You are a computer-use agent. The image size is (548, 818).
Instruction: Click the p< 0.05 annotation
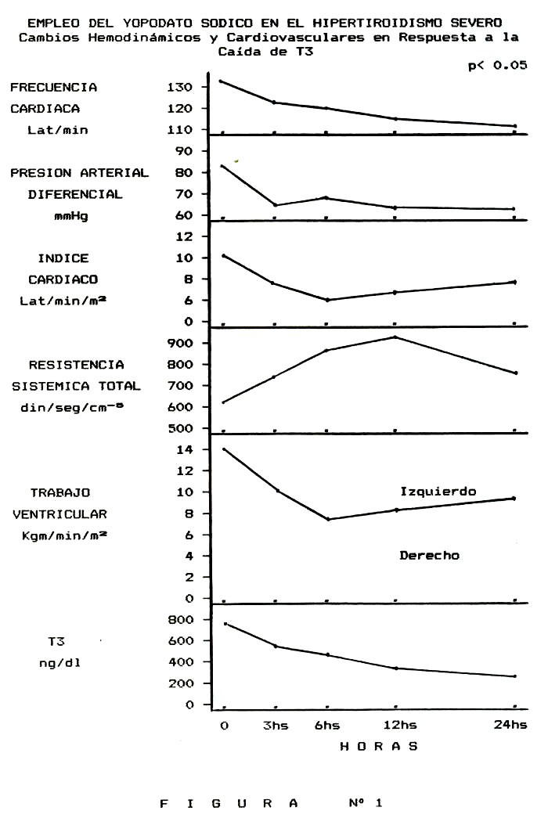[x=497, y=65]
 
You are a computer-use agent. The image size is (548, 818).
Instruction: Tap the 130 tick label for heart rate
[x=180, y=87]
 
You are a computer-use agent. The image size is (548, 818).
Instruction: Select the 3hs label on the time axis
[x=276, y=725]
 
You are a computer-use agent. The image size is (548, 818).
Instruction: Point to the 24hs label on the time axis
[x=510, y=725]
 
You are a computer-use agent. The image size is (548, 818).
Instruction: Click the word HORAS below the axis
[x=379, y=747]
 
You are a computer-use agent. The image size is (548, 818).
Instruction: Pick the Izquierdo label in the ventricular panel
[x=438, y=492]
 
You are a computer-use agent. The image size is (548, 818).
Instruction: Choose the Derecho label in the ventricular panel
[x=430, y=556]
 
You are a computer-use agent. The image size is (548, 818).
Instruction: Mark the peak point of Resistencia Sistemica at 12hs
[x=395, y=337]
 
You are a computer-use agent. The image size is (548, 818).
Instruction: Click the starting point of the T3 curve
[x=225, y=623]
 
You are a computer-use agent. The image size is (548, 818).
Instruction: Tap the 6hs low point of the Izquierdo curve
[x=328, y=519]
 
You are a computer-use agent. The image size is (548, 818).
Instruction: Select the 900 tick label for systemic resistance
[x=180, y=344]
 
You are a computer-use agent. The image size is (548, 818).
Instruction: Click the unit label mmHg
[x=71, y=216]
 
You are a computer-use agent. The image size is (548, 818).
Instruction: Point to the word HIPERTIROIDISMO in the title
[x=377, y=23]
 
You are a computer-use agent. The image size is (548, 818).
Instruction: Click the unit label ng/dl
[x=59, y=664]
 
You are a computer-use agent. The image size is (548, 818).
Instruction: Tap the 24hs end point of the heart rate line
[x=515, y=126]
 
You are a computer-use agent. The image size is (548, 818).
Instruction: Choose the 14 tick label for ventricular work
[x=184, y=449]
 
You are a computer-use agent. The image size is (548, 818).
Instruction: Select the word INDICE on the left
[x=63, y=258]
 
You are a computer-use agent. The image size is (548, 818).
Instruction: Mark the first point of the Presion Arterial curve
[x=222, y=166]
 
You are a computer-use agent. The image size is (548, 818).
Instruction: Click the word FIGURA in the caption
[x=229, y=803]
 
